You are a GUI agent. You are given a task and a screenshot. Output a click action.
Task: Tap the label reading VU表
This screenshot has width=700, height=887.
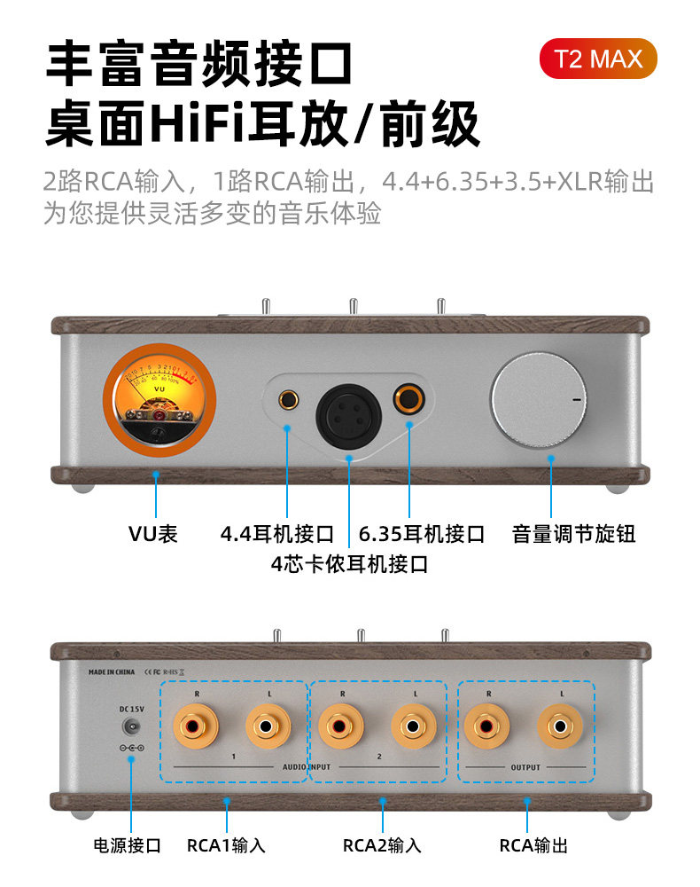coord(153,534)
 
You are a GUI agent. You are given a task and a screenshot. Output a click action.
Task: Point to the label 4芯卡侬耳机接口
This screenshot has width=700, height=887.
coord(349,563)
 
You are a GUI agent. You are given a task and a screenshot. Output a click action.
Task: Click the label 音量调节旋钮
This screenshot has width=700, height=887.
coord(573,534)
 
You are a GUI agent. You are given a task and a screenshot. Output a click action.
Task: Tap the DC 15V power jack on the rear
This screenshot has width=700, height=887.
coord(131,726)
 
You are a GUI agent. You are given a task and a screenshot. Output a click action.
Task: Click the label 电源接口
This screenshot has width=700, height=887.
coord(128,845)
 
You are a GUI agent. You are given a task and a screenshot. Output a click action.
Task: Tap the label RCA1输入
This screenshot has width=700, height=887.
coord(226,845)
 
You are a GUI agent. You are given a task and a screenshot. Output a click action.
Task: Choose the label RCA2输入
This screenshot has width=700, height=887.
coord(382,845)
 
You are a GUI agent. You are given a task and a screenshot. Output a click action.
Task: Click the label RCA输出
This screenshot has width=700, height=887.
coord(533,845)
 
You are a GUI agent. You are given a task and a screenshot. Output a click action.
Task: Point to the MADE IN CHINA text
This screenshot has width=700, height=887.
coord(112,672)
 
